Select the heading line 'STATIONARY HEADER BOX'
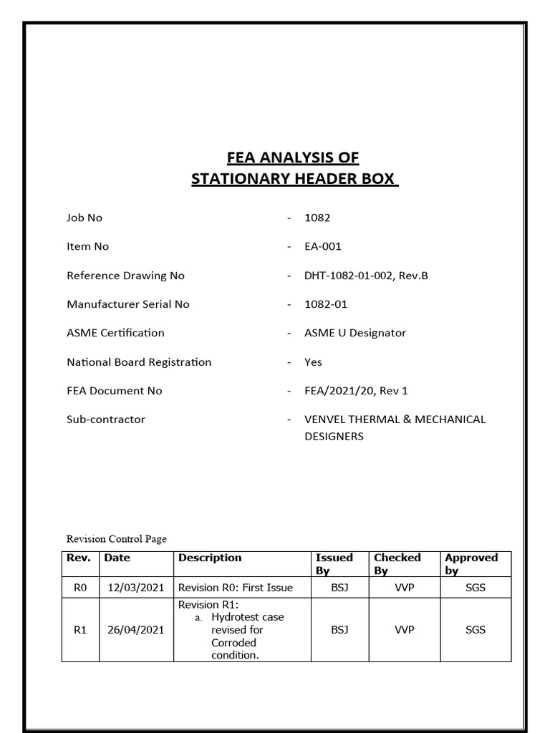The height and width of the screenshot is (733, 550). (294, 179)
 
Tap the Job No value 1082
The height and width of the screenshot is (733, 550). (317, 218)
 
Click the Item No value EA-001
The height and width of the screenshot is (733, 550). (323, 246)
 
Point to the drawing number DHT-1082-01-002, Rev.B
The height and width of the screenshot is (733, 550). (366, 276)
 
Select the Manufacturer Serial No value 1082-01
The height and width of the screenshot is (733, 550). (326, 304)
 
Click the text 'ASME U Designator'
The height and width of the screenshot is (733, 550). (355, 333)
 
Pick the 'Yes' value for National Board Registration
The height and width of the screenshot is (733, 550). (313, 362)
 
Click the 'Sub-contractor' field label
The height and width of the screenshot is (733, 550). (106, 419)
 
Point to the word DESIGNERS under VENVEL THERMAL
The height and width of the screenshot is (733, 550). (334, 437)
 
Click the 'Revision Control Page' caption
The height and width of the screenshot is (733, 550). (116, 539)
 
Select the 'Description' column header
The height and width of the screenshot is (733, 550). (210, 558)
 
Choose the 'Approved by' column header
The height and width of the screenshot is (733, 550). (471, 563)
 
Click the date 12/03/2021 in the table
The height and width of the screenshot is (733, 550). (136, 587)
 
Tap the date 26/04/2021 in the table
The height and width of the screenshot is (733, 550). (136, 630)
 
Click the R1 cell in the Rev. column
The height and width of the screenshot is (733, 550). (80, 630)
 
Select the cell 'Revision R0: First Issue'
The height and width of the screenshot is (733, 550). (236, 587)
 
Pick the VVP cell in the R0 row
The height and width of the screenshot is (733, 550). (405, 587)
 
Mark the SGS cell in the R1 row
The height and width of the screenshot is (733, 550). (475, 630)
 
